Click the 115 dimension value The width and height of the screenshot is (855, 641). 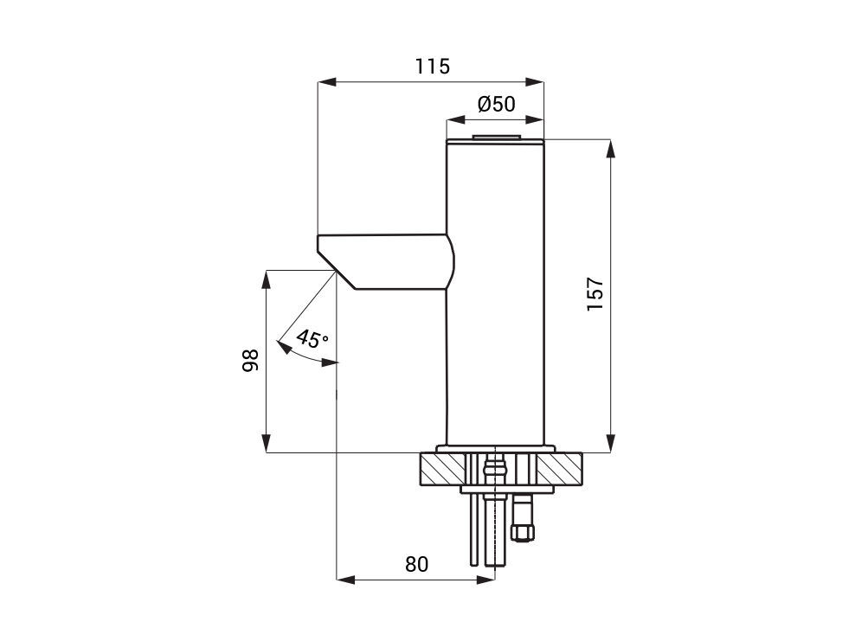tap(433, 66)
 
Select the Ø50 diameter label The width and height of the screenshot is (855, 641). tap(496, 104)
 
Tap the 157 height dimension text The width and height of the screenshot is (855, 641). tap(595, 294)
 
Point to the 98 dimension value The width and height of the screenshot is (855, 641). tap(250, 360)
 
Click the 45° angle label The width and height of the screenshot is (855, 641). tap(312, 339)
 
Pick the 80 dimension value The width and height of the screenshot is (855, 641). tap(416, 564)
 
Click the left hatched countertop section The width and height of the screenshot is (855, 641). tap(443, 469)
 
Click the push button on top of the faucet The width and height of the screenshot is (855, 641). tap(496, 137)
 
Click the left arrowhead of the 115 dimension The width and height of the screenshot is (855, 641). tap(326, 82)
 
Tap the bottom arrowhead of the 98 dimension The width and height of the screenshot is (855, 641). tap(266, 444)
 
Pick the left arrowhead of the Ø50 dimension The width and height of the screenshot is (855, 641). tap(455, 119)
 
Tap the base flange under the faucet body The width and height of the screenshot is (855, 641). tap(496, 449)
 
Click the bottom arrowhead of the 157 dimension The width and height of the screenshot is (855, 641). tap(611, 444)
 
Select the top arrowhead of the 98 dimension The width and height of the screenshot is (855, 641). tap(266, 279)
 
